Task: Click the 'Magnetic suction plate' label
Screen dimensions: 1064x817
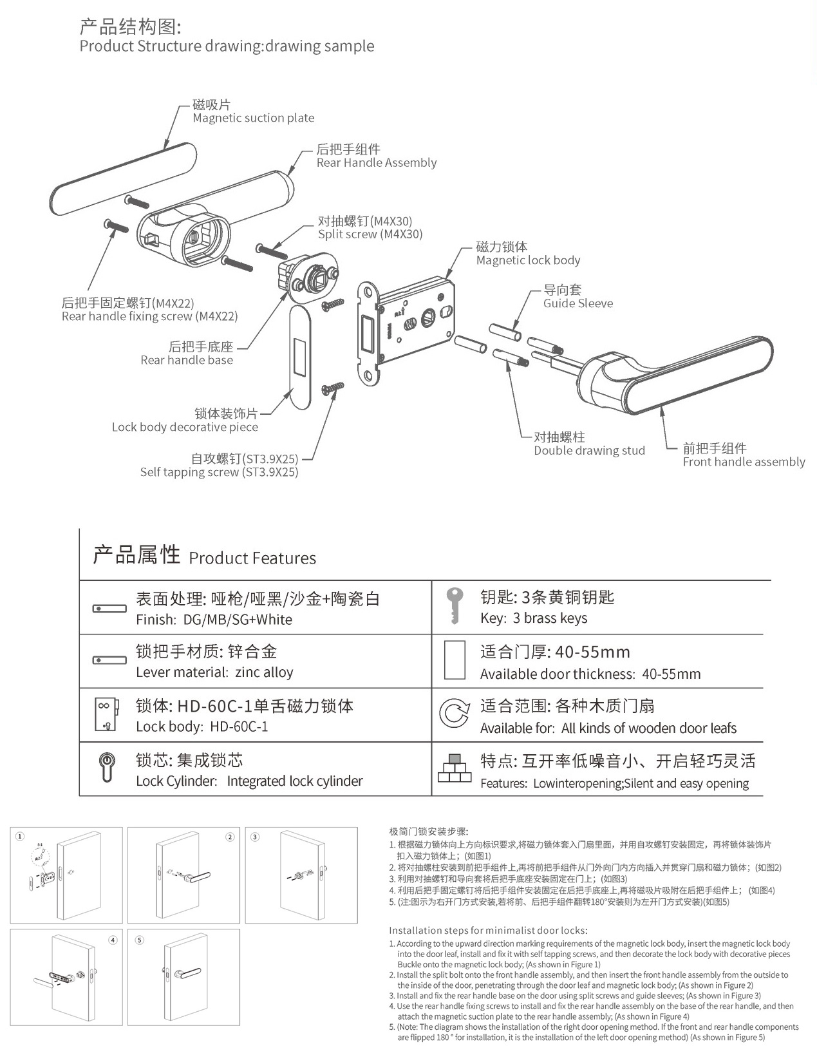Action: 253,118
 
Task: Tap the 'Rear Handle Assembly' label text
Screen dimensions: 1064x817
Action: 376,163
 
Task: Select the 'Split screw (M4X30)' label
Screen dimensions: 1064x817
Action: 370,234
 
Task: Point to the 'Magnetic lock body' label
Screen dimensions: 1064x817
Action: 528,260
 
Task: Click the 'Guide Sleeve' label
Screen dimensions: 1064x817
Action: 578,303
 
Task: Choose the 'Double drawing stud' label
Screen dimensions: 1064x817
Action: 588,451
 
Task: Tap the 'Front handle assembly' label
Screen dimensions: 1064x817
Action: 743,462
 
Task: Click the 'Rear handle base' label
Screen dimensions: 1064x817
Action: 187,360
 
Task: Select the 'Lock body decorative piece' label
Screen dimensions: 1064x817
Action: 185,427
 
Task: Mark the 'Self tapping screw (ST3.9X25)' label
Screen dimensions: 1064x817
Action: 219,472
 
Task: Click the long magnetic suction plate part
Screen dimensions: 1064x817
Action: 122,180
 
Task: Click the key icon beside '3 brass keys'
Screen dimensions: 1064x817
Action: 455,605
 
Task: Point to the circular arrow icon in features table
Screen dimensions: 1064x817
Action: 454,714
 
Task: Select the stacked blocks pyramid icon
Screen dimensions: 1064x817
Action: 455,768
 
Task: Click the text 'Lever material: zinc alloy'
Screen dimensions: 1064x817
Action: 214,672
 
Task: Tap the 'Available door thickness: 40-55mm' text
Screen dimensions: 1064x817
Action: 590,674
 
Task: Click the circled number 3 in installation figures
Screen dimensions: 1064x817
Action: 255,837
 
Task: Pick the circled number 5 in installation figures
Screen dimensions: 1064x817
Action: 140,940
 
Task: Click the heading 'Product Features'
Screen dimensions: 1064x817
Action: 252,558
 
